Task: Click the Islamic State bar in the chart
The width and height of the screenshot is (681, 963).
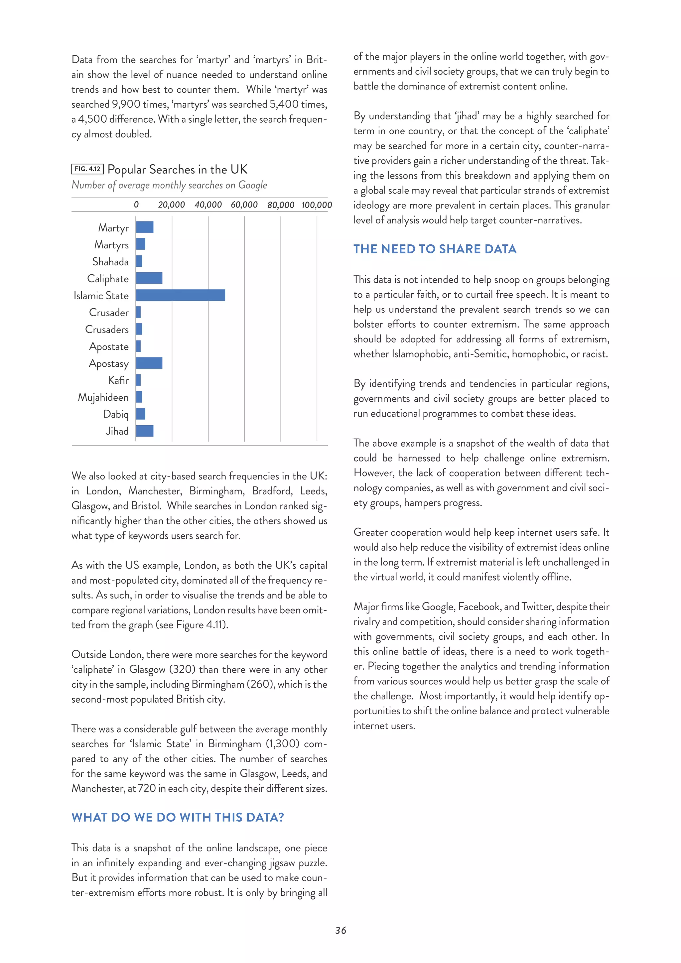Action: tap(180, 295)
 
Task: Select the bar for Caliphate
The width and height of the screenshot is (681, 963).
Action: tap(149, 278)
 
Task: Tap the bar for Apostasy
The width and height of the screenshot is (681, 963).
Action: tap(149, 363)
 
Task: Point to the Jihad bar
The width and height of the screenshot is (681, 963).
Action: tap(145, 431)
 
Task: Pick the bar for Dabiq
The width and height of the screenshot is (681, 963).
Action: tap(140, 414)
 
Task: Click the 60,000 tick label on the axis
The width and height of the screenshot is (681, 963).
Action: tap(244, 205)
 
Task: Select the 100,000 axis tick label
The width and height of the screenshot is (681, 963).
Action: tap(317, 205)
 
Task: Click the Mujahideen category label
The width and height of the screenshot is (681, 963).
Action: tap(103, 397)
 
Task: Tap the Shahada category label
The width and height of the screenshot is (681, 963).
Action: tap(110, 262)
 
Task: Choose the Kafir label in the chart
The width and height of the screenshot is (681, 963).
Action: tap(118, 380)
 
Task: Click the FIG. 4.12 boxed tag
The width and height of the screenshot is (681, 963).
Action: tap(87, 169)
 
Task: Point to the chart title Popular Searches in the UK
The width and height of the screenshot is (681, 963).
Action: tap(177, 170)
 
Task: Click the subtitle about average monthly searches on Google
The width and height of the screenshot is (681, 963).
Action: tap(169, 185)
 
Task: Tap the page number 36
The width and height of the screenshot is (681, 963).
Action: tap(340, 930)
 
